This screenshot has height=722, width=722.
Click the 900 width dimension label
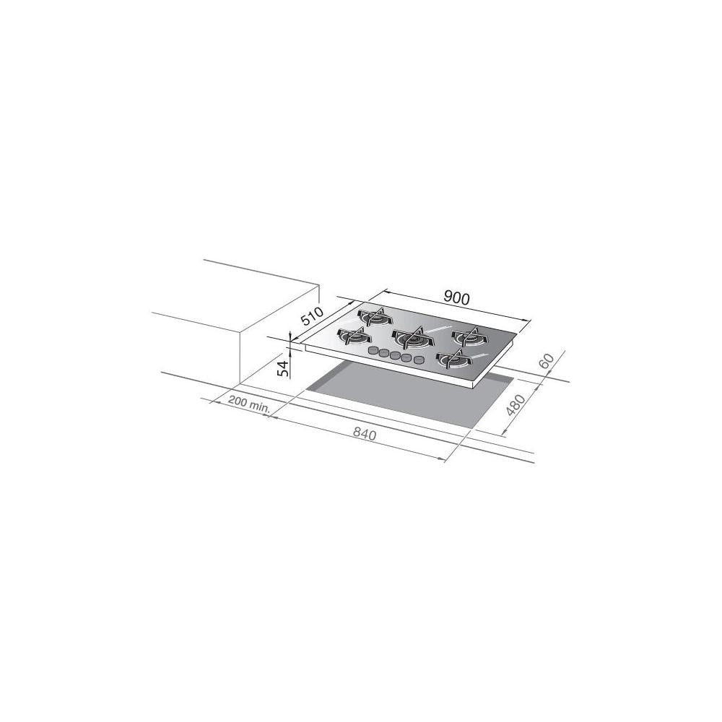coord(457,297)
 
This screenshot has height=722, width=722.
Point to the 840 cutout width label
coord(366,434)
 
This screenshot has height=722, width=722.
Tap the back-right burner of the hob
coord(470,336)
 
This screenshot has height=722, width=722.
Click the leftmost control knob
coord(373,351)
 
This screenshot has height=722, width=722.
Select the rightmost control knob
coord(419,360)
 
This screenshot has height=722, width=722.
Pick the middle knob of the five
coord(396,355)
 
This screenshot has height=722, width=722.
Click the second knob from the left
coord(384,353)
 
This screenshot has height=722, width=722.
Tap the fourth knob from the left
coord(407,357)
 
